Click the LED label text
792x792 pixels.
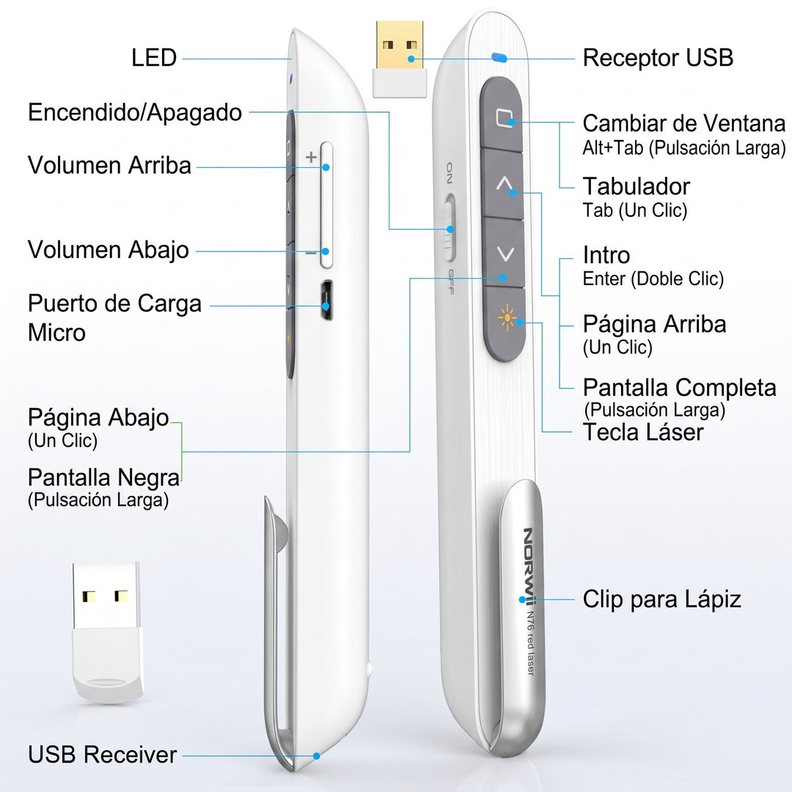pos(154,58)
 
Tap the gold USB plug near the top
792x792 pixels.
pos(400,45)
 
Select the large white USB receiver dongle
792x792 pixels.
pos(106,632)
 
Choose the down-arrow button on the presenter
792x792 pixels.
pos(505,253)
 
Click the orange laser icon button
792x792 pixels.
pos(507,319)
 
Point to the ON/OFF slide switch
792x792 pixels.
pos(449,228)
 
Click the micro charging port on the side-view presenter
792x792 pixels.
pos(326,300)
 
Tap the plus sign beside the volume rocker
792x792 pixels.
pos(311,157)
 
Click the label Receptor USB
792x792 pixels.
pos(658,58)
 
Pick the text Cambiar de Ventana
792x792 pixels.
pos(684,123)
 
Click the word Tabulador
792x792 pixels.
pos(637,186)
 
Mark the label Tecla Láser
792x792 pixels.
pos(643,433)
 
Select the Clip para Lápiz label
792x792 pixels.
pos(661,600)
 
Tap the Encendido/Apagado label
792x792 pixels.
pos(135,113)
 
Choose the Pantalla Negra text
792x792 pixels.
pos(103,477)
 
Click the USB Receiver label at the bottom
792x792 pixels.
pos(103,755)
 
